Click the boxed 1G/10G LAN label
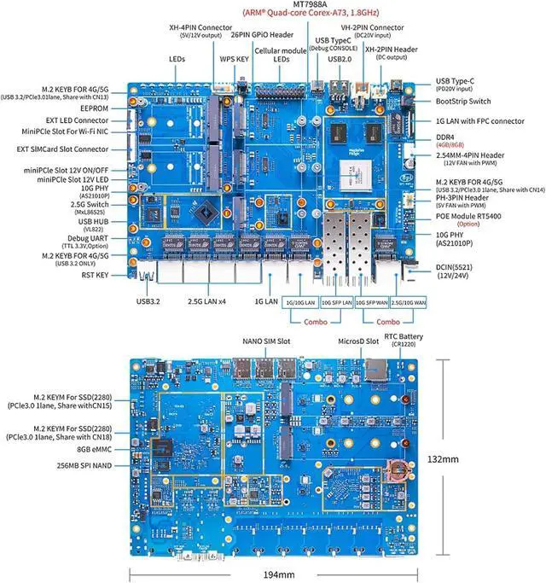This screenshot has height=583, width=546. tap(300, 302)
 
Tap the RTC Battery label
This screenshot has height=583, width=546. tap(404, 336)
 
